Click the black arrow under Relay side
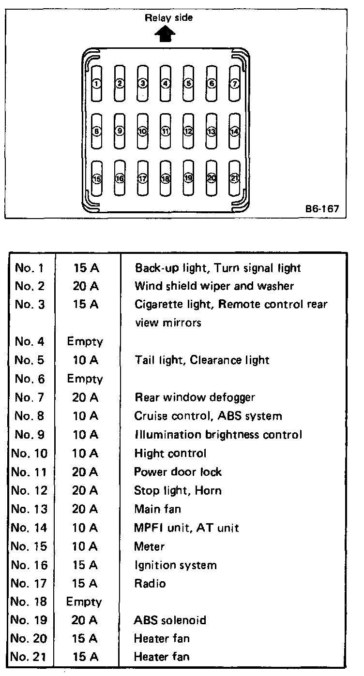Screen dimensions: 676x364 (166, 35)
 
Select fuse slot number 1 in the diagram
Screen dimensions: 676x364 (97, 84)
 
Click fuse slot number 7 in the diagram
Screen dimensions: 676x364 (235, 84)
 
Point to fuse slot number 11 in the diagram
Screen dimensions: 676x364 (166, 131)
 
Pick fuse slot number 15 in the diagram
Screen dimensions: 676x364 (97, 178)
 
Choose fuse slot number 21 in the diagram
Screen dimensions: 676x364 (235, 178)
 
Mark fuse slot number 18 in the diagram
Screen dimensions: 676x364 (166, 178)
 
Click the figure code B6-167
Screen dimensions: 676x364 (322, 210)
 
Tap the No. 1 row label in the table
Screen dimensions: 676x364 (30, 267)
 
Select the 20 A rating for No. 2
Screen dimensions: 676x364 (86, 286)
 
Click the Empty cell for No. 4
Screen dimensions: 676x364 (85, 342)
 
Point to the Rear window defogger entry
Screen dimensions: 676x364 (195, 397)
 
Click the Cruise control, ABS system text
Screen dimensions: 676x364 (208, 416)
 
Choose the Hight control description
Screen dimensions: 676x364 (170, 454)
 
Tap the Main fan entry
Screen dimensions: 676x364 (158, 509)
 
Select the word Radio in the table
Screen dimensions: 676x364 (150, 584)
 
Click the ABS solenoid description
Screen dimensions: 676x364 (170, 620)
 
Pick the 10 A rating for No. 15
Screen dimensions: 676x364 (85, 546)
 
